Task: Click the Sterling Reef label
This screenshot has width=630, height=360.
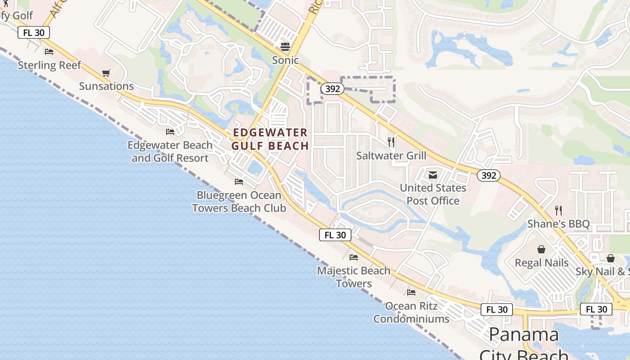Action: [x=49, y=65]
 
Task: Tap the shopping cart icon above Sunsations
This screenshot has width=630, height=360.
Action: [x=106, y=73]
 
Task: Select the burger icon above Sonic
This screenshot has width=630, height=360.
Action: [x=285, y=46]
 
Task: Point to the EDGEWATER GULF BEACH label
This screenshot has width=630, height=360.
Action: [x=270, y=139]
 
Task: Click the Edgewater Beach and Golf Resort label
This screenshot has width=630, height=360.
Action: [x=170, y=152]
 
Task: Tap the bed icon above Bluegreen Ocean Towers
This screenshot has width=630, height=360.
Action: [x=239, y=182]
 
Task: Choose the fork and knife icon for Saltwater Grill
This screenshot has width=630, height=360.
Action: [x=391, y=142]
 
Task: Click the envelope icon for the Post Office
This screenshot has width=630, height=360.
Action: [x=433, y=175]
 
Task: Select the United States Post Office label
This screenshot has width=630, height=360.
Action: [x=433, y=194]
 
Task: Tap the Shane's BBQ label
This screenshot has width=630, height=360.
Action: [x=558, y=224]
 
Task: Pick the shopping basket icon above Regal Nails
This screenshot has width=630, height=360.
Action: [x=541, y=249]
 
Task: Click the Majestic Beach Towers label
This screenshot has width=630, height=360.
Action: [x=354, y=277]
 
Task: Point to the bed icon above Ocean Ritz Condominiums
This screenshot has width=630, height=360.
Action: [x=411, y=292]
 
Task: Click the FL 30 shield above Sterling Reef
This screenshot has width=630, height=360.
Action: [x=34, y=32]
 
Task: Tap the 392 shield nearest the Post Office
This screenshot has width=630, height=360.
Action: [x=488, y=175]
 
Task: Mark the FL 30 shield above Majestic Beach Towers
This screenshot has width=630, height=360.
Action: [x=335, y=235]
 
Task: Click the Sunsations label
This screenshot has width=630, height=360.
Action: [x=107, y=86]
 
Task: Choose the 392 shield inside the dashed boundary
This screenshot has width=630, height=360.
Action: [x=332, y=89]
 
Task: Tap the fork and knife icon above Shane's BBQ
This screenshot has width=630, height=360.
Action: [x=558, y=210]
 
